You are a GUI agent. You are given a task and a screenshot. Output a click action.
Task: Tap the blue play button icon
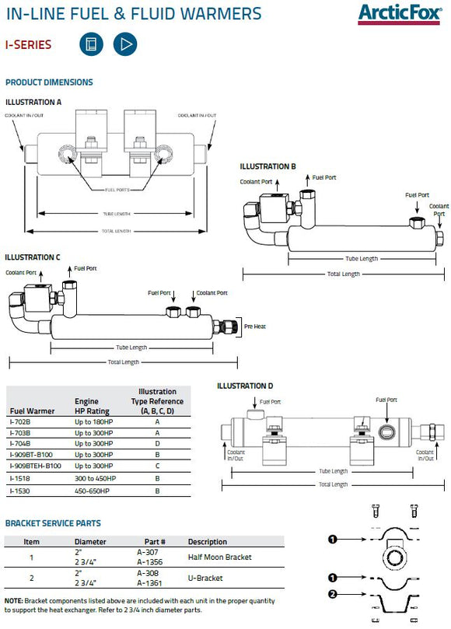(x=124, y=44)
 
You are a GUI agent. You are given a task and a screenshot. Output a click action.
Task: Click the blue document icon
(x=91, y=44)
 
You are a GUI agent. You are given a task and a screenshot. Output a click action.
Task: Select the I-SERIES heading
(x=28, y=44)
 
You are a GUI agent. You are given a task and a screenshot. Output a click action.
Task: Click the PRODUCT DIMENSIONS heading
(x=49, y=82)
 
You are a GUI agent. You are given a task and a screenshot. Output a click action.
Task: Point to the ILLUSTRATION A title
(x=33, y=102)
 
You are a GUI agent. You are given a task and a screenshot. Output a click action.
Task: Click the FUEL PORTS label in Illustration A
(x=116, y=189)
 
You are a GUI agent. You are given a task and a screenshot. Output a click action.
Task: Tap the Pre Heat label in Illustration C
(x=254, y=327)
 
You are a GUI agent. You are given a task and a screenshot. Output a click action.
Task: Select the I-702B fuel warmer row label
(x=19, y=421)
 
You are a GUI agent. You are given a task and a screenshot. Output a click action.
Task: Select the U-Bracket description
(x=205, y=578)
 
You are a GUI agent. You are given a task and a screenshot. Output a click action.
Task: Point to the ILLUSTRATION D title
(x=245, y=386)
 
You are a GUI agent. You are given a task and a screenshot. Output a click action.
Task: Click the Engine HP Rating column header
(x=92, y=407)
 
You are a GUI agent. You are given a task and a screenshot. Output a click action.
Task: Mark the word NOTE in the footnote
(x=14, y=602)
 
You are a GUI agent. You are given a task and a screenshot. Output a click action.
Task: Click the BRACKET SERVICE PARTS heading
(x=53, y=523)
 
